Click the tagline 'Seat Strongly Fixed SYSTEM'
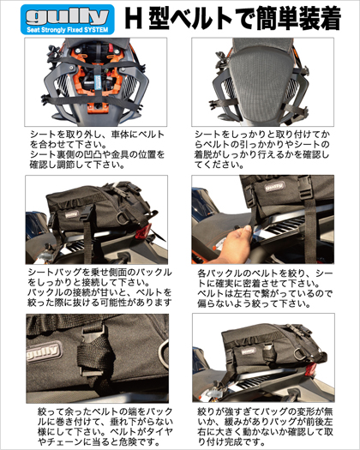point(68,30)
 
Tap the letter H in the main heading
point(134,18)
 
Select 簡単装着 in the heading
point(298,18)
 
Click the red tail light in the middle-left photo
point(143,231)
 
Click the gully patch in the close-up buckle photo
point(44,351)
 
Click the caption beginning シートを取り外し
point(97,149)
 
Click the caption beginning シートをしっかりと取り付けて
point(262,149)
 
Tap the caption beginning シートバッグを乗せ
point(99,287)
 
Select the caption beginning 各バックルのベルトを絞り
point(265,288)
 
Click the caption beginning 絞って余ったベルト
point(105,427)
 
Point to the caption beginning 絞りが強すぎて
point(265,427)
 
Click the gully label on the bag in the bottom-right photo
point(249,351)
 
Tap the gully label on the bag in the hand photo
point(274,187)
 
